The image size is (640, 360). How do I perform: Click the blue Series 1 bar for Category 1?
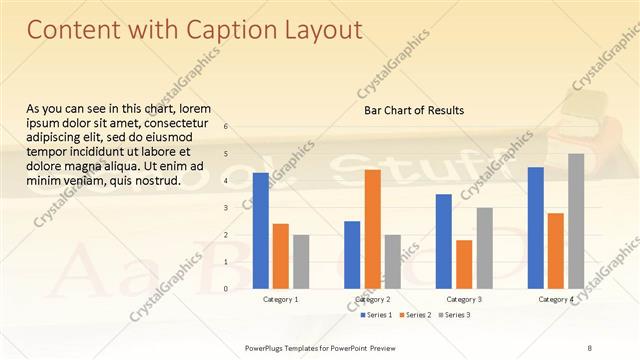260,231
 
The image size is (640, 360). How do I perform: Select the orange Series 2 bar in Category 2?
372,229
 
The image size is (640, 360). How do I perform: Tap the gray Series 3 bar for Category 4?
576,221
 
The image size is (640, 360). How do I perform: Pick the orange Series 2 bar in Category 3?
464,264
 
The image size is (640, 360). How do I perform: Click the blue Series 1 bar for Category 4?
535,228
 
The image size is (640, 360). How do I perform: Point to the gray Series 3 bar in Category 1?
301,262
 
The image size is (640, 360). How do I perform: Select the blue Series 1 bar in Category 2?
352,255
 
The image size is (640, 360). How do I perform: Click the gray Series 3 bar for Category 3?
484,248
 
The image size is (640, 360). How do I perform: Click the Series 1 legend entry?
375,315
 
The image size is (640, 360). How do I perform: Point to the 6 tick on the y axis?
226,127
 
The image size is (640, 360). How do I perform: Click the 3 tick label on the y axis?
226,208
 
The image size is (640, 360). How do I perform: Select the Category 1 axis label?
280,299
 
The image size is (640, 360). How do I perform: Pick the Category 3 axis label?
464,299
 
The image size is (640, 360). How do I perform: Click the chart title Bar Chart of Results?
413,110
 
